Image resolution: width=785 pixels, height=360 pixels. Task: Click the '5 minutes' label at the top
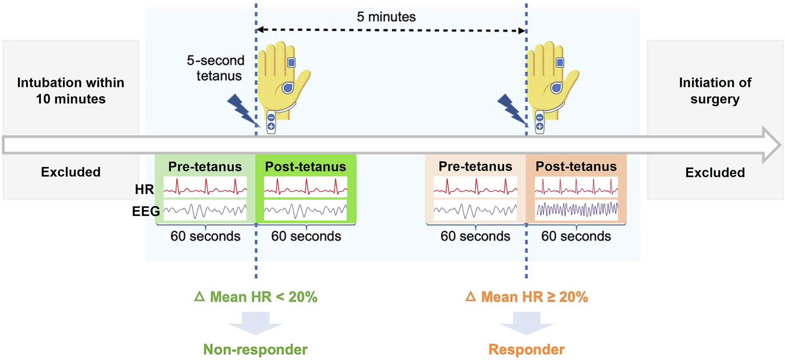(386, 17)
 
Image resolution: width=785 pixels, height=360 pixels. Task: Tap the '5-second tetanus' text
(216, 68)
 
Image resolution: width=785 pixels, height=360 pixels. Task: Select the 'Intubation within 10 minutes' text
(71, 91)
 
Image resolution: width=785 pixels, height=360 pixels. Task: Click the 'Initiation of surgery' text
(715, 91)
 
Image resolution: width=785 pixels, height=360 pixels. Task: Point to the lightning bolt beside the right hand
(511, 110)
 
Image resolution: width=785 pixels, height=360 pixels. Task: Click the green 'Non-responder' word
(255, 349)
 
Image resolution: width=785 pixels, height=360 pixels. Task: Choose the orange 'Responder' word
(526, 349)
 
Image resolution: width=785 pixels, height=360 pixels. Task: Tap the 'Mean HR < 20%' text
(256, 297)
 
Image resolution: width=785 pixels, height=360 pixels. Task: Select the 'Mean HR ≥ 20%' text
(527, 297)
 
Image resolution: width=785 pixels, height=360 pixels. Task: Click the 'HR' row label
(144, 189)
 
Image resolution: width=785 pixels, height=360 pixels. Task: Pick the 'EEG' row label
(146, 211)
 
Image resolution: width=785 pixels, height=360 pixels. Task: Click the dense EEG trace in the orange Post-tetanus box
(576, 210)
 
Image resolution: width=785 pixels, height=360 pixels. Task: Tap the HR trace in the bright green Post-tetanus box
(305, 187)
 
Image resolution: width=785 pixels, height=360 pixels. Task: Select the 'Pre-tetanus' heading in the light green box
(205, 166)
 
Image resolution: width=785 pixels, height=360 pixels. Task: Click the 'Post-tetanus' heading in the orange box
(576, 166)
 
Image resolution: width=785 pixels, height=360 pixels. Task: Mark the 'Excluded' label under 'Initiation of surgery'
(715, 172)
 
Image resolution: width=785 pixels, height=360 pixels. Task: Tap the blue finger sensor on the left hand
(291, 62)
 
